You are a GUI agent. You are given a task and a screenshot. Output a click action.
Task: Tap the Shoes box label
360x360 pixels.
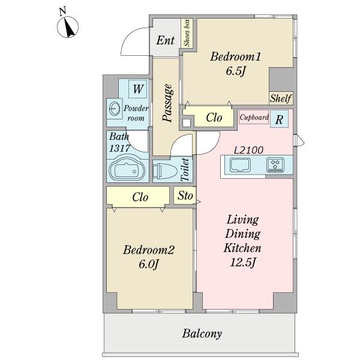click(187, 33)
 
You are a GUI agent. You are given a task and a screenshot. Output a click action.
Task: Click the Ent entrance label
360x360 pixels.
click(166, 40)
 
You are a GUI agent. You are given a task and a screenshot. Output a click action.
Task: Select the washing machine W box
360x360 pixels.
click(138, 89)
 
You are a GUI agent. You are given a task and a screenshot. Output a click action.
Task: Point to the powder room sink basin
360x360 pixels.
click(114, 109)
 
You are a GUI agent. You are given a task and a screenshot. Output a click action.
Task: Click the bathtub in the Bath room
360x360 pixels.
click(127, 170)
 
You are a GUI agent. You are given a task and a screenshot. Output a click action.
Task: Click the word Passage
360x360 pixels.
click(167, 103)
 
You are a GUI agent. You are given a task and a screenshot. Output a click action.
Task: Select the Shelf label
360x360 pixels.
click(281, 98)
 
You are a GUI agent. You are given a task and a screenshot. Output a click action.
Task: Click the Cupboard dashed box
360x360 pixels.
click(254, 117)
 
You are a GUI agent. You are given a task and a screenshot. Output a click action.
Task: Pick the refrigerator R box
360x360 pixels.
click(279, 119)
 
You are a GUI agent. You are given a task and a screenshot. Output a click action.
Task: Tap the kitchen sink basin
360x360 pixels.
click(240, 165)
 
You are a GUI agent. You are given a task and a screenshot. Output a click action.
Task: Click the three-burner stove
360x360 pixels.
click(275, 165)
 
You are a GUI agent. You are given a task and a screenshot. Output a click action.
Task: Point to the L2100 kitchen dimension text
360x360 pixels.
click(248, 150)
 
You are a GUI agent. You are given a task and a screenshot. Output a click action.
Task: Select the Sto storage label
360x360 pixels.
click(185, 196)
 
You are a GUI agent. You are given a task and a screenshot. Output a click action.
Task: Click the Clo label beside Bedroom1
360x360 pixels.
click(214, 118)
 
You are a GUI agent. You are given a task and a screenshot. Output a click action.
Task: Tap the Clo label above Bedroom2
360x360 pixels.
click(140, 197)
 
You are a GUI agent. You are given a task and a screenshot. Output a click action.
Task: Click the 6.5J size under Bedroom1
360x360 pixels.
click(236, 71)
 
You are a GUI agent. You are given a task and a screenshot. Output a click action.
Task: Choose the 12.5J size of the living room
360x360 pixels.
click(242, 262)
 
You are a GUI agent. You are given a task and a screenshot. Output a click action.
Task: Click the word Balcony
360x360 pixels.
click(202, 334)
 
